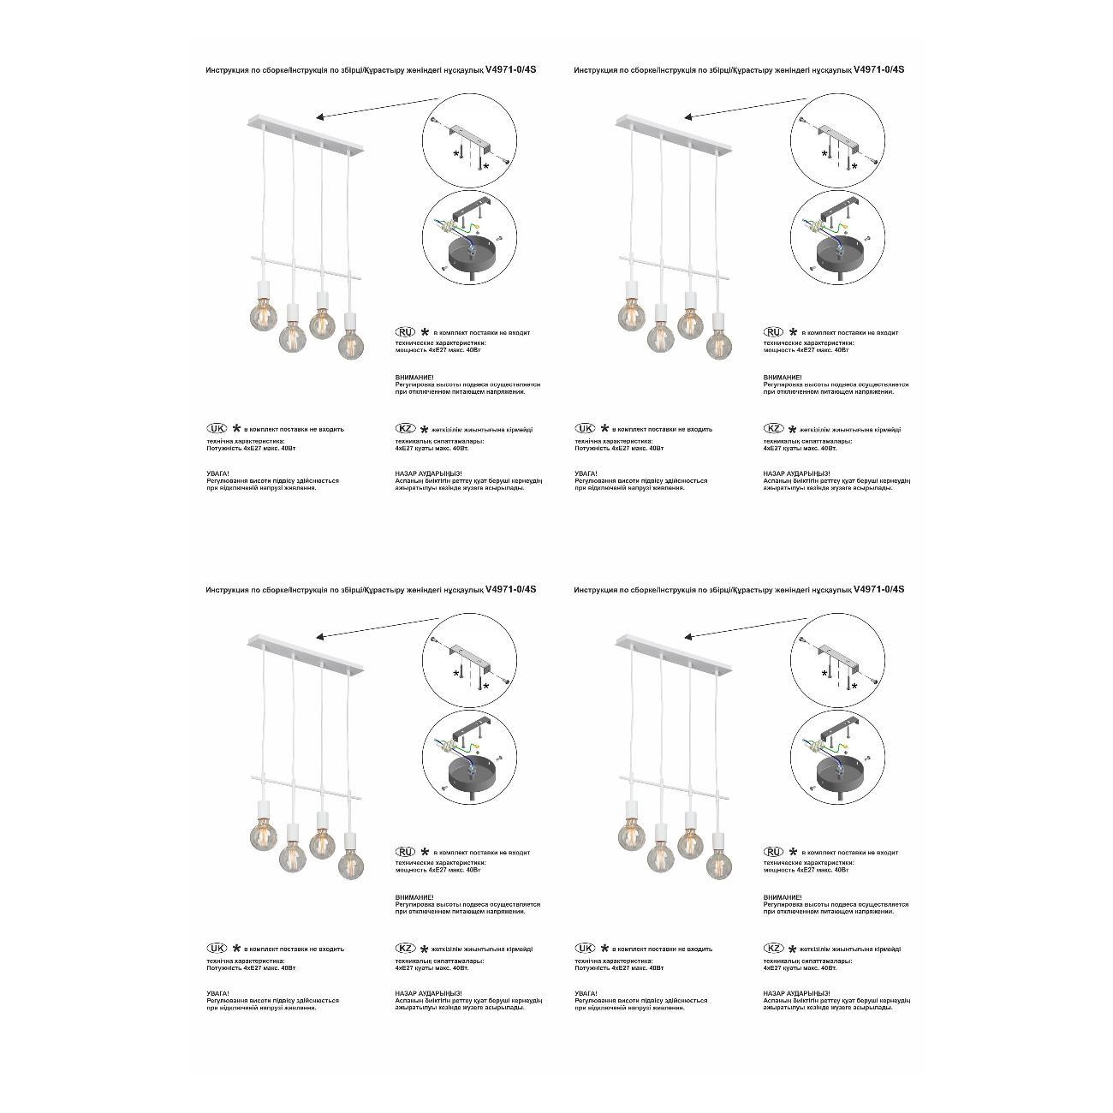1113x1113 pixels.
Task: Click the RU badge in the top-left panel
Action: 405,331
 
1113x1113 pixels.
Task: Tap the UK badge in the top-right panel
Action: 585,428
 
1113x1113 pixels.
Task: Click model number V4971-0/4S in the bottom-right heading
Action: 879,590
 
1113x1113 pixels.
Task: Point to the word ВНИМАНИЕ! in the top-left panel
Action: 414,378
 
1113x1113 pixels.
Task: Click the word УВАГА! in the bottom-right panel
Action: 586,993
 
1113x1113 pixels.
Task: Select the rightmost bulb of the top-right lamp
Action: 719,346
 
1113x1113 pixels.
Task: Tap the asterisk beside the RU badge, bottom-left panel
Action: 424,852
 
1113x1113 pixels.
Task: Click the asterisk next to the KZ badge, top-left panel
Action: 424,429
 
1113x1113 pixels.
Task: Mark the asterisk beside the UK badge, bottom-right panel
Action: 604,949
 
